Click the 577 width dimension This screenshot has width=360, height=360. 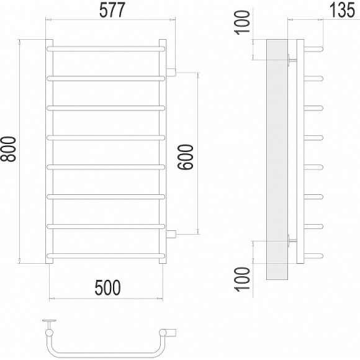pos(112,11)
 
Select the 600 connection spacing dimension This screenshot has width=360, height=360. pos(186,157)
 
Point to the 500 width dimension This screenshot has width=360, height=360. pos(107,287)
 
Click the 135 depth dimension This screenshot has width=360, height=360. pos(343,11)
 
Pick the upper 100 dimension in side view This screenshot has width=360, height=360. pos(243,23)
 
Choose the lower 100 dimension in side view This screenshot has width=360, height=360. pos(243,279)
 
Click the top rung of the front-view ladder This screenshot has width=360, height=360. pos(106,49)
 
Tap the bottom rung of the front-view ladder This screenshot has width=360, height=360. pos(106,256)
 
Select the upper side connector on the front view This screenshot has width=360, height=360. pos(171,72)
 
